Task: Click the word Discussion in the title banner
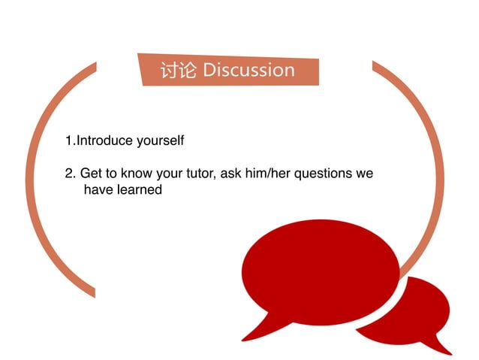point(249,71)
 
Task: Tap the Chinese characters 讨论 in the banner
point(179,71)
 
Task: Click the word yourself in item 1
point(160,141)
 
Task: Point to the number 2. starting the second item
point(71,174)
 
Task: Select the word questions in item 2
point(323,174)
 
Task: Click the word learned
point(138,190)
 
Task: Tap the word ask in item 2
point(231,174)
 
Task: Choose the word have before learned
point(98,190)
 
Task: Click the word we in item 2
point(365,174)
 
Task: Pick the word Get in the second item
point(90,174)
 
